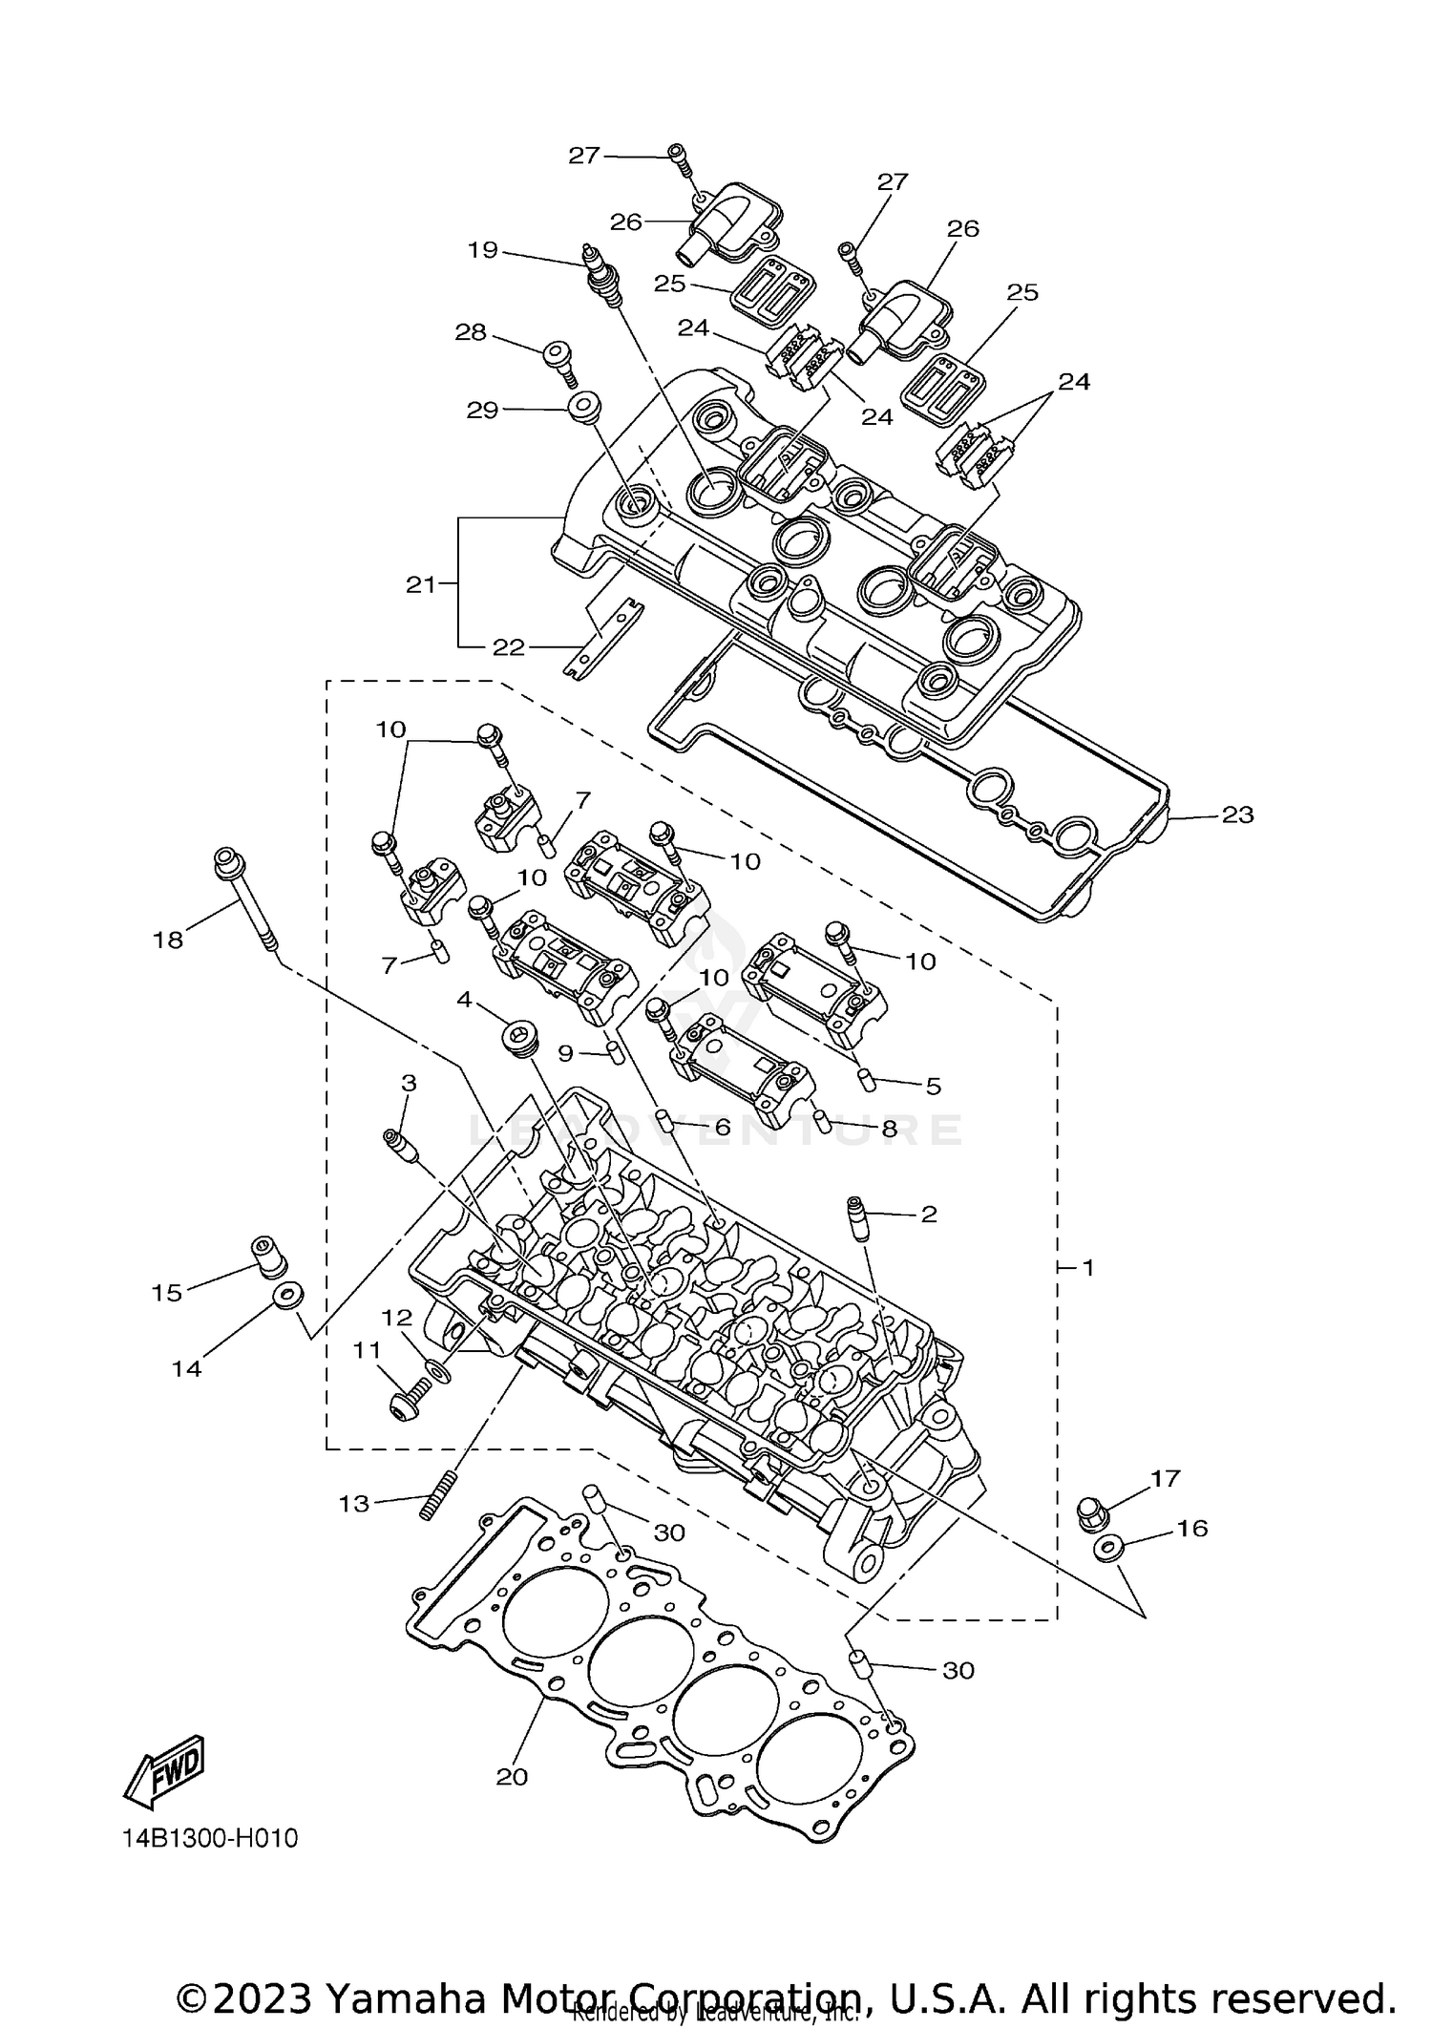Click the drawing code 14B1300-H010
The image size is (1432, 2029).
click(210, 1838)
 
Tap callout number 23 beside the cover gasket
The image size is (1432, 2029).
click(1237, 815)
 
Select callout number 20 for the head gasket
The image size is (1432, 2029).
click(512, 1777)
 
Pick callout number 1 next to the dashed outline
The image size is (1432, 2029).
click(1087, 1268)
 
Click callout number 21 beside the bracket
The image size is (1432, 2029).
click(420, 584)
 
